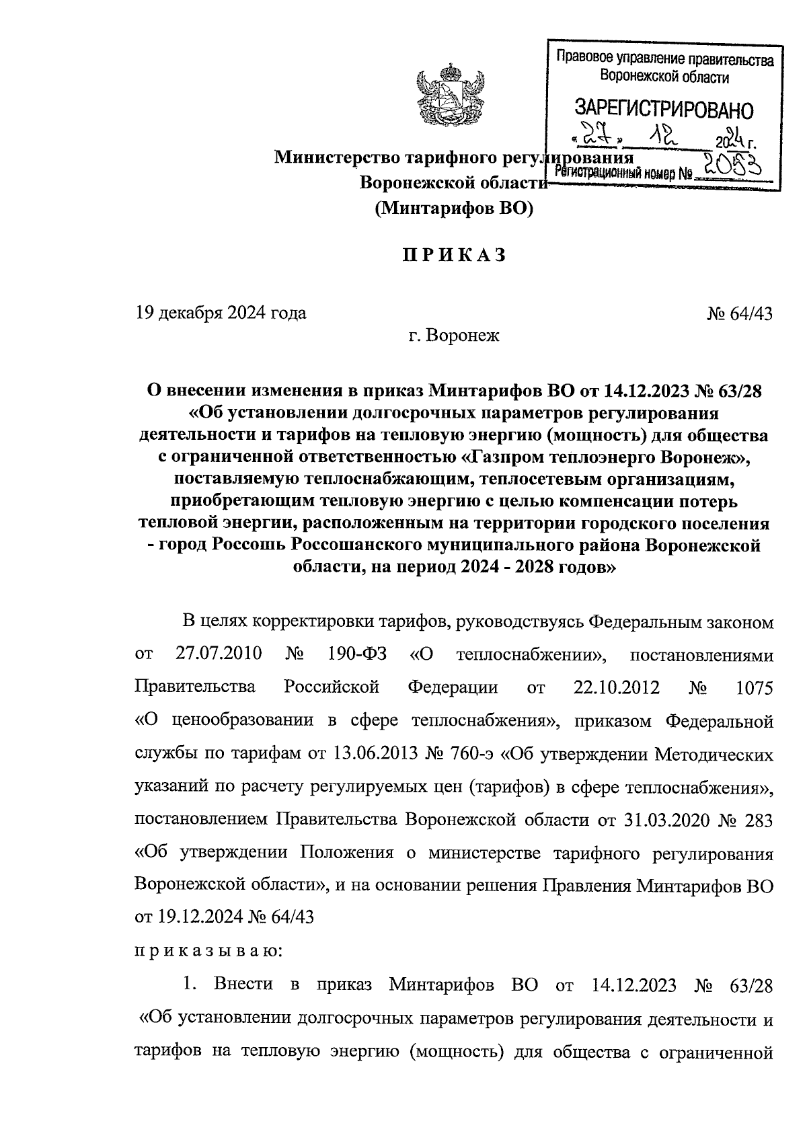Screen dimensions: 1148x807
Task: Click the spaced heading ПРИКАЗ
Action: click(x=453, y=256)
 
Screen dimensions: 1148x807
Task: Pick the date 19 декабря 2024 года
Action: click(x=221, y=313)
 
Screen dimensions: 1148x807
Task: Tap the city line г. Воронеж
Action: click(x=454, y=335)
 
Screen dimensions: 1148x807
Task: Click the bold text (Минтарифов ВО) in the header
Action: click(x=453, y=209)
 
